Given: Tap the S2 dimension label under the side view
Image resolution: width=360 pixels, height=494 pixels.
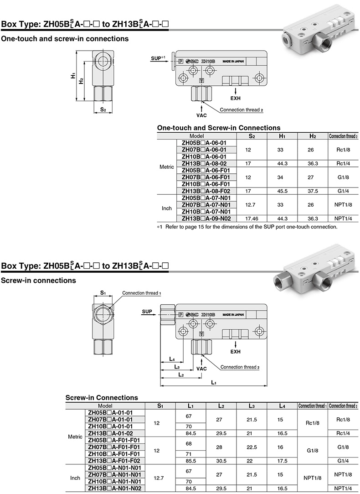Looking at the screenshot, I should tap(103, 109).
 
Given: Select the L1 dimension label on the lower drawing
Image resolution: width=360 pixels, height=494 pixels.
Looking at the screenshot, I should tap(214, 383).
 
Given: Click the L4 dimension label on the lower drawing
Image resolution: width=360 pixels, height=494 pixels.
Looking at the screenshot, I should tap(172, 359).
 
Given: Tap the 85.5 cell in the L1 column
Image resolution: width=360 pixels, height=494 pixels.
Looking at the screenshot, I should tap(190, 461).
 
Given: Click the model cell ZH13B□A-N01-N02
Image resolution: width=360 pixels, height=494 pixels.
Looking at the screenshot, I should tap(114, 489).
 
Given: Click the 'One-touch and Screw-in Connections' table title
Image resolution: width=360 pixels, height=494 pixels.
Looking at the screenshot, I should tap(218, 128).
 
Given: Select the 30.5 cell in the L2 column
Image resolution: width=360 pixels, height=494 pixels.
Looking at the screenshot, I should tap(221, 461).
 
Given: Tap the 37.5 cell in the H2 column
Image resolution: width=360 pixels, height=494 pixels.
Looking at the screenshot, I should tap(312, 191).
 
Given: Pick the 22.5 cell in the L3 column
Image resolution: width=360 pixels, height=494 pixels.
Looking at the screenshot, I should tap(251, 447).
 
